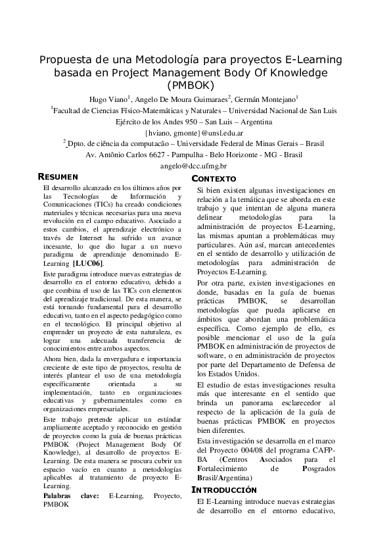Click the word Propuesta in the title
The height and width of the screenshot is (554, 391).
[x=64, y=60]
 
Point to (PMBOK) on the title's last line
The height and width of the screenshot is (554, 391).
[x=195, y=85]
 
